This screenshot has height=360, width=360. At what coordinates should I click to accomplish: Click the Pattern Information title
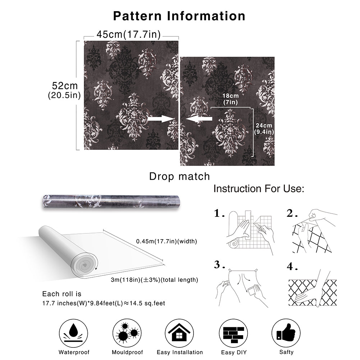[x=179, y=16]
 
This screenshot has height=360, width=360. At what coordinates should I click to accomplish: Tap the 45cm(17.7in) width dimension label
[x=129, y=35]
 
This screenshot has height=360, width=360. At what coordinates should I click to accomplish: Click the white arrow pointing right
[x=161, y=119]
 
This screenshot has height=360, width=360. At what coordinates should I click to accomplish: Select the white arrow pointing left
[x=199, y=119]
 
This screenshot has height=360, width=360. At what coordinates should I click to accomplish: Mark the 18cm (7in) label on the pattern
[x=231, y=99]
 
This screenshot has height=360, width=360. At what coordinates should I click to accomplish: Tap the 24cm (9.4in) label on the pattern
[x=264, y=129]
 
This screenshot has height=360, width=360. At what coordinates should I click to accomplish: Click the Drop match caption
[x=179, y=177]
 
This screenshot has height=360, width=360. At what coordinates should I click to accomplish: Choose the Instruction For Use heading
[x=259, y=189]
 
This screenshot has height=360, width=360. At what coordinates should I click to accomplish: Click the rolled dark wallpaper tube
[x=111, y=202]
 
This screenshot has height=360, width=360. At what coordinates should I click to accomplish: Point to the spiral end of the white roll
[x=84, y=265]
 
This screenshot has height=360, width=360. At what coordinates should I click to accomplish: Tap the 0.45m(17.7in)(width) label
[x=167, y=241]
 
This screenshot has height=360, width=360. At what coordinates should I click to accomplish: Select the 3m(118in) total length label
[x=154, y=280]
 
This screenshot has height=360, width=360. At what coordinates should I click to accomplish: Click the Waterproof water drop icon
[x=73, y=333]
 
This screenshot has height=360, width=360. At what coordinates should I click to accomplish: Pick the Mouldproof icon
[x=127, y=333]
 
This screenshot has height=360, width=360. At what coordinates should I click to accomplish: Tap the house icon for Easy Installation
[x=179, y=333]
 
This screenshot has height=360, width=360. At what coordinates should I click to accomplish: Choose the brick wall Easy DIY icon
[x=233, y=333]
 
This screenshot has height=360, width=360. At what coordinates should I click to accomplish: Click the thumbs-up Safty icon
[x=286, y=333]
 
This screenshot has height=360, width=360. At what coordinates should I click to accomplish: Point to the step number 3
[x=217, y=264]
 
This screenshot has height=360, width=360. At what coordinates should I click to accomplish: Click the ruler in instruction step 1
[x=248, y=225]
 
